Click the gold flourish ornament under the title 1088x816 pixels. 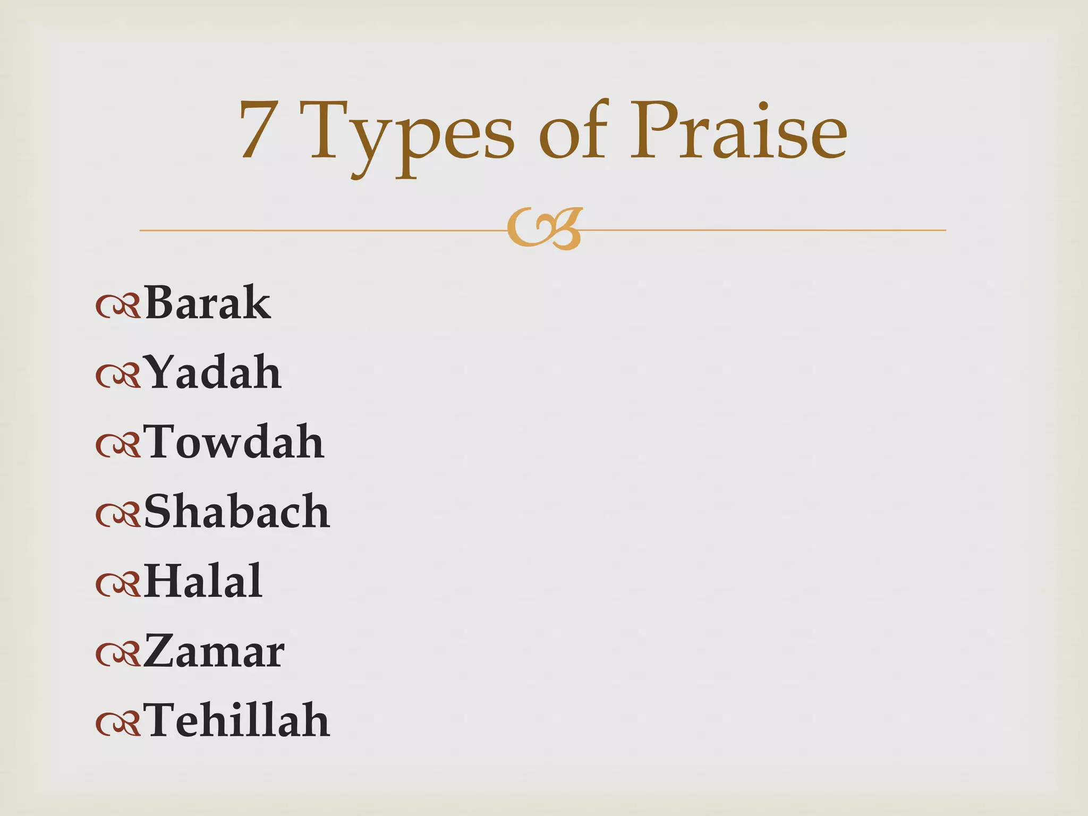[545, 229]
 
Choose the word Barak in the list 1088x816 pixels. [207, 303]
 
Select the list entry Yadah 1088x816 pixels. [212, 372]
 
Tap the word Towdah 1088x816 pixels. [234, 442]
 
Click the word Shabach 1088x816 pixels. [237, 512]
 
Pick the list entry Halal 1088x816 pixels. [203, 581]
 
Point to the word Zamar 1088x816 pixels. [214, 651]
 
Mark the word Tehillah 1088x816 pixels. [237, 720]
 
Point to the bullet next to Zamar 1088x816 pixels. [118, 654]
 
